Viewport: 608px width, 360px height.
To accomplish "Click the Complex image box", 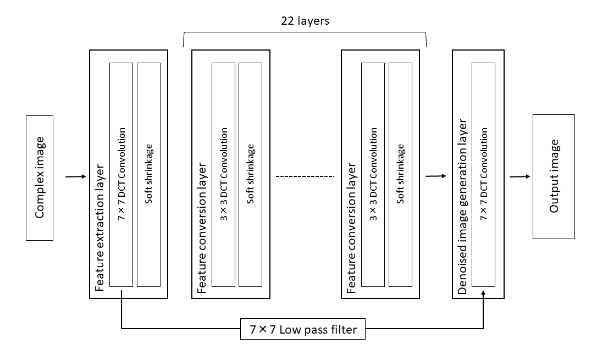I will (x=40, y=178).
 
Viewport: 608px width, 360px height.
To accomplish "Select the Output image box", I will (x=554, y=176).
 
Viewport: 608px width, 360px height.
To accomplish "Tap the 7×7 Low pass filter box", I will (x=303, y=330).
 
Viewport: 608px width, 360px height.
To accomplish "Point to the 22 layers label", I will (x=306, y=20).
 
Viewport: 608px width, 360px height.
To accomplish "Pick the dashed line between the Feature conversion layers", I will (x=305, y=176).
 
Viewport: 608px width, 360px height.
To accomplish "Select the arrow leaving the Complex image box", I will (x=76, y=177).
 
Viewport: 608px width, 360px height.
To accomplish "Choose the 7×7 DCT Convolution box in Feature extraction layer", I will (x=121, y=174).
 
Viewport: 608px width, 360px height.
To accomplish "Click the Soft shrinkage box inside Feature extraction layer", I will (x=148, y=174).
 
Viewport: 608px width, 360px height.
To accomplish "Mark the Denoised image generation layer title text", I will (x=462, y=206).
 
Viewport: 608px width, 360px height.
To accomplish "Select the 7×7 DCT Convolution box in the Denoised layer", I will (x=484, y=174).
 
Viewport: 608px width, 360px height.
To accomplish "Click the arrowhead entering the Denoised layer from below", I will (x=484, y=296).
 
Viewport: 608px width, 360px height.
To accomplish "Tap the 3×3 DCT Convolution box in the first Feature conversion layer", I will (x=223, y=174).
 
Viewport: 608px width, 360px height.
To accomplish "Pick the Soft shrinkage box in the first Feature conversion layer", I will (x=251, y=174).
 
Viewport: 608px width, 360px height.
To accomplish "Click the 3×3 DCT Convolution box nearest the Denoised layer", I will (x=373, y=174).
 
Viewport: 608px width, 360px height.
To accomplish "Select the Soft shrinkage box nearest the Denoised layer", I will (x=400, y=174).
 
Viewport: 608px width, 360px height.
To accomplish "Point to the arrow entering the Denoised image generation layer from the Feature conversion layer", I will (x=435, y=176).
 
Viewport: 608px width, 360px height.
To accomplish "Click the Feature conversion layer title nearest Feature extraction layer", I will (x=202, y=227).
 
